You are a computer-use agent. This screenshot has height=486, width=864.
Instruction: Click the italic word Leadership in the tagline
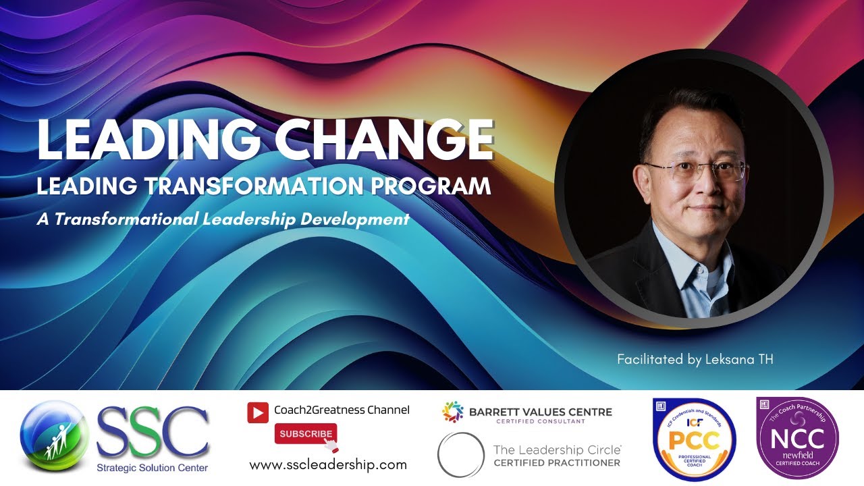[x=256, y=219]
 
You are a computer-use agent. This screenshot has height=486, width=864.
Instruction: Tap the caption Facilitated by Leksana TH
[x=695, y=360]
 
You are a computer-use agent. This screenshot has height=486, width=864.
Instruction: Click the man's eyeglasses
[x=695, y=171]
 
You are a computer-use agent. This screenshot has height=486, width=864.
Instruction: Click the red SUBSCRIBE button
[x=305, y=433]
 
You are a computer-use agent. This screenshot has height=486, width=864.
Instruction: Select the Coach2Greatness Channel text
[x=342, y=410]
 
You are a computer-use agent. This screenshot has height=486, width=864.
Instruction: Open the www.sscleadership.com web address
[x=328, y=464]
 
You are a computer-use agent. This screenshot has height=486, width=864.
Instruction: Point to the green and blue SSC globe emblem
[x=55, y=435]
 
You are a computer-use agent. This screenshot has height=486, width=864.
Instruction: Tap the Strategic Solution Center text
[x=153, y=468]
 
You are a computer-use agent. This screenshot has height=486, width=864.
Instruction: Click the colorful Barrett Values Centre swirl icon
[x=453, y=412]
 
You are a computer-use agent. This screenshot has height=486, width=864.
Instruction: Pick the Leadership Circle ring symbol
[x=460, y=454]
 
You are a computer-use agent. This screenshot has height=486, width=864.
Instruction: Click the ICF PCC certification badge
[x=694, y=439]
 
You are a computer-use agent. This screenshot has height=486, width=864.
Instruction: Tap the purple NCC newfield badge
[x=797, y=437]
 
